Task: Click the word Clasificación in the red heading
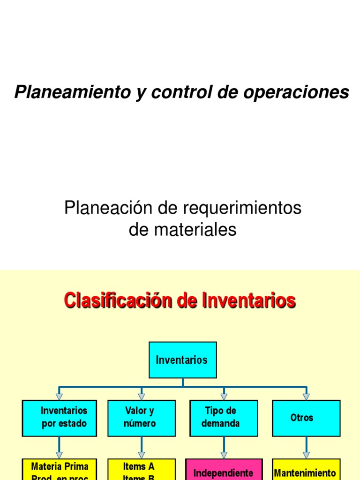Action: [x=118, y=300]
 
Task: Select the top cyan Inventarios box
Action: [x=183, y=360]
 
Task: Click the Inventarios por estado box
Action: [x=60, y=417]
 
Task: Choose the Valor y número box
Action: [x=142, y=417]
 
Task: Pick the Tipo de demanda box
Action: [x=224, y=417]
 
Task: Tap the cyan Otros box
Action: [x=306, y=417]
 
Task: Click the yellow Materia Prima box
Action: [x=60, y=470]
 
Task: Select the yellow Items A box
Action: [x=142, y=470]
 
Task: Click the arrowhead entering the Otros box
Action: [x=306, y=397]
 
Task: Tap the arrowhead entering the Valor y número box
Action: [x=142, y=397]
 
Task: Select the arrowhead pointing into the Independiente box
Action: [x=224, y=455]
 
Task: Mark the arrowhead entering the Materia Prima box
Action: [x=60, y=455]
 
